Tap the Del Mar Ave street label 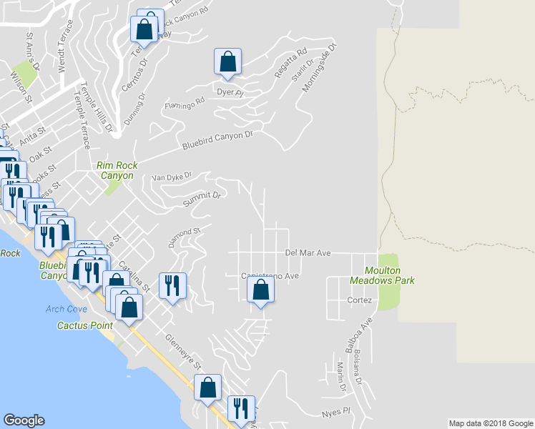[308, 253]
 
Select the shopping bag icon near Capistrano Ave [260, 290]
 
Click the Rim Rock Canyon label [116, 170]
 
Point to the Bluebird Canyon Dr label [218, 137]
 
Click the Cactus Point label [85, 325]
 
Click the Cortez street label [360, 300]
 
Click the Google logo [24, 420]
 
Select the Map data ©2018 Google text [491, 423]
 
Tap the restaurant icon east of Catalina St [172, 286]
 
